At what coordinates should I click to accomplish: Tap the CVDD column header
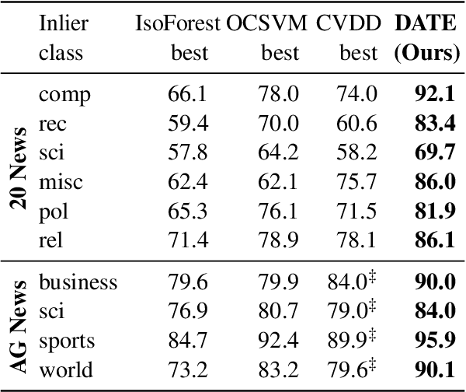[x=347, y=24]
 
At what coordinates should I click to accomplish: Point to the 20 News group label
[x=20, y=166]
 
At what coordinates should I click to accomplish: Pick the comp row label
[x=64, y=96]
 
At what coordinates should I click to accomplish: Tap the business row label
[x=78, y=282]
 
